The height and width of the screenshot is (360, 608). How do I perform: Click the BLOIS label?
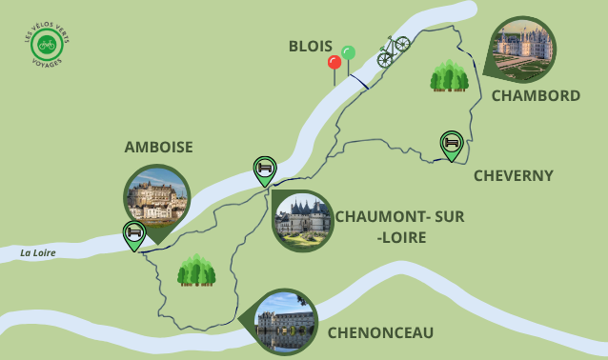[x=310, y=47]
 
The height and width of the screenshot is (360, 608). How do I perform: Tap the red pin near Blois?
[x=334, y=64]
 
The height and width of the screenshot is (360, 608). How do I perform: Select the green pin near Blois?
[x=349, y=52]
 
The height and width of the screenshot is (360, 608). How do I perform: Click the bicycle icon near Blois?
[x=393, y=51]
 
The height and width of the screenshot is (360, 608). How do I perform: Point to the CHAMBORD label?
[x=535, y=95]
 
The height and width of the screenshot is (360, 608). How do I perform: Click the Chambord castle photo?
[x=523, y=48]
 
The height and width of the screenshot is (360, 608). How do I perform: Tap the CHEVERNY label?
[x=513, y=175]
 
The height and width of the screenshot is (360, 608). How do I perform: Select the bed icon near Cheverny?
[x=451, y=144]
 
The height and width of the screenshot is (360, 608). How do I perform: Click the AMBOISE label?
[x=158, y=147]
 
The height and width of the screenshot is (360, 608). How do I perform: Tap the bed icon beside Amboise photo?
[x=134, y=233]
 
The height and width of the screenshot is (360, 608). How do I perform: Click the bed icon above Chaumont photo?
[x=265, y=169]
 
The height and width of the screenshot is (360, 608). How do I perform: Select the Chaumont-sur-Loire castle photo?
[x=302, y=221]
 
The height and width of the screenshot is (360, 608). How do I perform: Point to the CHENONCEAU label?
[x=380, y=332]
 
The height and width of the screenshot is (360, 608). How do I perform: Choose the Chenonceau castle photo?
[x=286, y=321]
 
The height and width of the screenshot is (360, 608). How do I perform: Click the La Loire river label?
[x=39, y=253]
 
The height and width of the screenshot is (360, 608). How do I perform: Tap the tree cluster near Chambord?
[x=449, y=76]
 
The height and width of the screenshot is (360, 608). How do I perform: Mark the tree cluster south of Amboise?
[x=196, y=270]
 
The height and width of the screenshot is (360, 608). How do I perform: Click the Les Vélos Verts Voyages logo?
[x=46, y=44]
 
